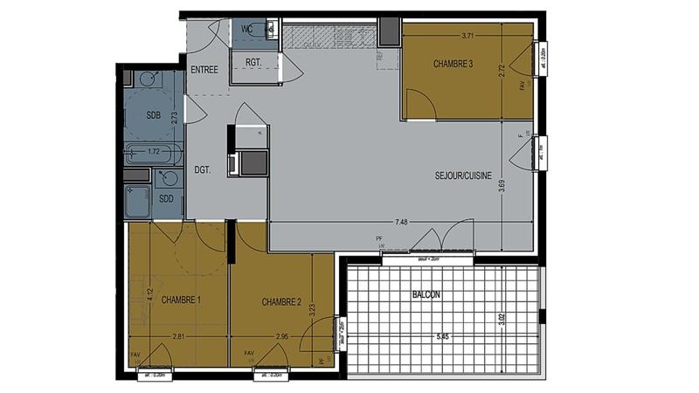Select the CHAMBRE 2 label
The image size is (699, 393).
pos(281,302)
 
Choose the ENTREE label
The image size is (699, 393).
pos(204,70)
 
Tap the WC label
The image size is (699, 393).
pos(247,29)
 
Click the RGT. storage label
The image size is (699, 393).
pos(254,63)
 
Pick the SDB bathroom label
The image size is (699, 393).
pos(154,115)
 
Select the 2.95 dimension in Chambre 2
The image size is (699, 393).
pos(282,336)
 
